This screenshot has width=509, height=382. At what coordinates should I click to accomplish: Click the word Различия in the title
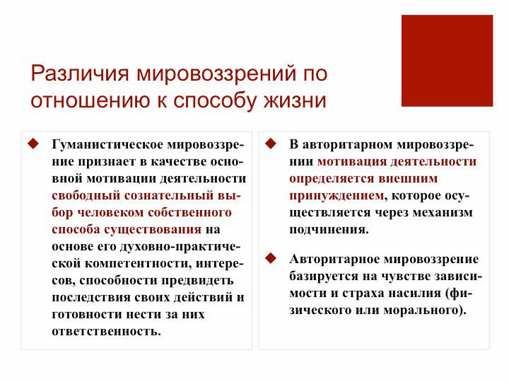click(80, 74)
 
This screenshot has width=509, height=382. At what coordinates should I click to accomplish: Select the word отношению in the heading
click(91, 100)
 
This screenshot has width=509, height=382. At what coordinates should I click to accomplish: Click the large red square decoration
click(447, 60)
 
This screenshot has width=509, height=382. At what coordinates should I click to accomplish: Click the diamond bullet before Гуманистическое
click(33, 144)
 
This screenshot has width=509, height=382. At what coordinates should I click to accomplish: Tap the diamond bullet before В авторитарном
click(271, 144)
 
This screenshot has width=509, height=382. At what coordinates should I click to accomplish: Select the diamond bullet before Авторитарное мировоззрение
click(271, 258)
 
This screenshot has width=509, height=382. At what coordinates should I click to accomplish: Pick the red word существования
click(153, 230)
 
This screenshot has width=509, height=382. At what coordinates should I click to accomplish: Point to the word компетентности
click(137, 263)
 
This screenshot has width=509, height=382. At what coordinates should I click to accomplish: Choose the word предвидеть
click(197, 281)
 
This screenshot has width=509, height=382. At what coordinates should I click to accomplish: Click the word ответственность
click(107, 331)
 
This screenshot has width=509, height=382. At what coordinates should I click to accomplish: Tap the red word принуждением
click(337, 196)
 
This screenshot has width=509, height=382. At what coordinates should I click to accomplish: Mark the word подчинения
click(329, 230)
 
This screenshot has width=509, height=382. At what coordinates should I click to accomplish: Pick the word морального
click(422, 311)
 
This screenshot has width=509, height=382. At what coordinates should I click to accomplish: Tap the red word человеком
click(111, 212)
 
